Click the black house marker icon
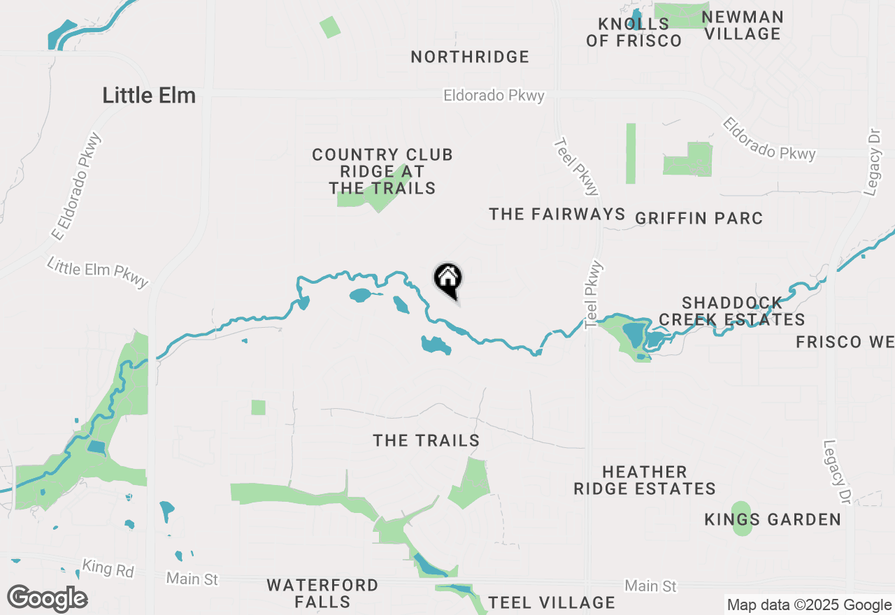448,280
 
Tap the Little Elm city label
149,96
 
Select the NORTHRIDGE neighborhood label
470,57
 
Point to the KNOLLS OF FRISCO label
633,33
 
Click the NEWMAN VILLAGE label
742,25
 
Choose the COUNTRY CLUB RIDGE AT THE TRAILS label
382,171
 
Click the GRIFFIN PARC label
699,219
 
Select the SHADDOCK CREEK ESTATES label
732,311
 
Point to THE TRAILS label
427,440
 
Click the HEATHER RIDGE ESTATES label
644,480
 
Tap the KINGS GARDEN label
773,519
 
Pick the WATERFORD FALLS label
322,593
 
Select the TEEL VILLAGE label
552,602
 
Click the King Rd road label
108,568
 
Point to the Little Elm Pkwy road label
98,272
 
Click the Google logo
47,599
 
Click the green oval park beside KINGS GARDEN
741,518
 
